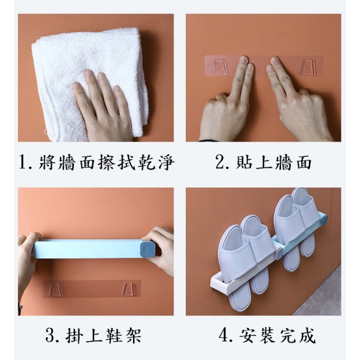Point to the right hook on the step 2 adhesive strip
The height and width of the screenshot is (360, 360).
(307, 67)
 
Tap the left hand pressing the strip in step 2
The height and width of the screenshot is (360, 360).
(226, 101)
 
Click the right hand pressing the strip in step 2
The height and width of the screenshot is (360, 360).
(298, 101)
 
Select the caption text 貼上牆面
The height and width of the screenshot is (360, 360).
(273, 163)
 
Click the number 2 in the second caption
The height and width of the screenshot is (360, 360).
(221, 162)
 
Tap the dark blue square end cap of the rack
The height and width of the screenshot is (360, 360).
(147, 249)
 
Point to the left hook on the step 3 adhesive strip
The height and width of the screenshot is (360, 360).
(55, 290)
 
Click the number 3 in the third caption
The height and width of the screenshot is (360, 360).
(49, 336)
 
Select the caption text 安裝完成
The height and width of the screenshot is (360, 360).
(277, 336)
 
